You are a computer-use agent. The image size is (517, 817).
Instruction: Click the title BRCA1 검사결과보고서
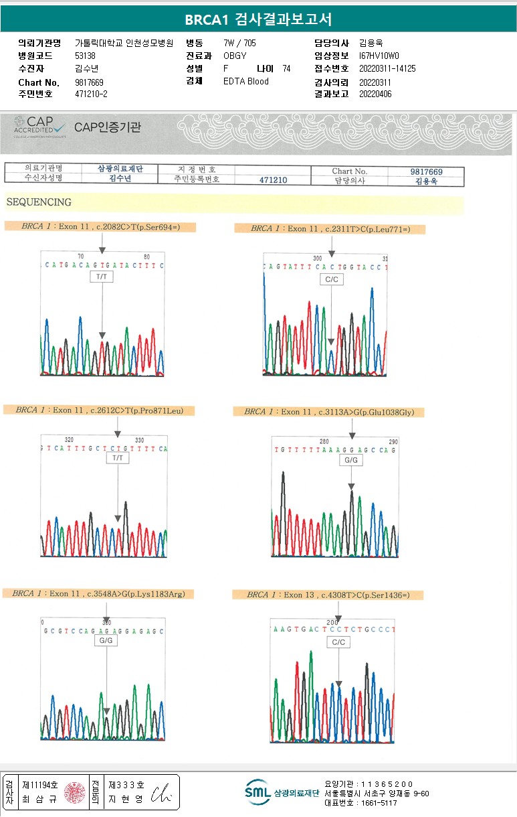tap(258, 19)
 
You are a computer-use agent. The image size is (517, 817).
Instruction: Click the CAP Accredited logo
tap(40, 127)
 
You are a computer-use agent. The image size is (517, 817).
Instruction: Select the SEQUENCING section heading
tap(39, 202)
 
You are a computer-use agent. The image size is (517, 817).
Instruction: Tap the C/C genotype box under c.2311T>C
tap(332, 279)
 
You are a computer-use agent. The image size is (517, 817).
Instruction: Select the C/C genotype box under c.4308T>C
tap(339, 642)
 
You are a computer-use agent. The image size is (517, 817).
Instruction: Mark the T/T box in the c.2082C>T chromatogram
tap(103, 276)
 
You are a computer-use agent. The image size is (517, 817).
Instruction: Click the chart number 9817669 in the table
tap(426, 171)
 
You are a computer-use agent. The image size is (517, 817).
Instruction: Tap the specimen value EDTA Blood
tap(246, 82)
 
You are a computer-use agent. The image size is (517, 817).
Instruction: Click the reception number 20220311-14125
tap(387, 69)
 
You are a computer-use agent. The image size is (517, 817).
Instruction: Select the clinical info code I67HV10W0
tap(379, 56)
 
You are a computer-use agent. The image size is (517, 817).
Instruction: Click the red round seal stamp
tap(74, 793)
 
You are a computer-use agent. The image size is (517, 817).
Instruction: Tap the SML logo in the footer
tap(257, 792)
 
